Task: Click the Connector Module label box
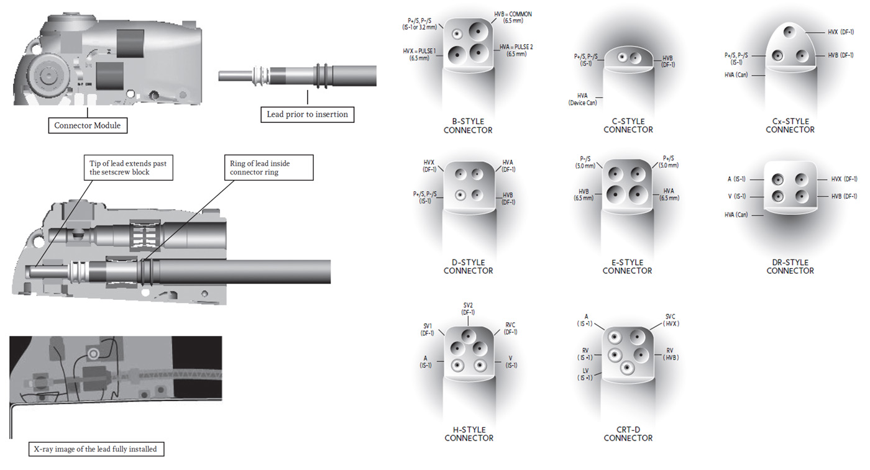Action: pos(87,125)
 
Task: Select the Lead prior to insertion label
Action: pos(307,114)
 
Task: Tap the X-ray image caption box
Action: pos(96,448)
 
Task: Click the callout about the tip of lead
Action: pos(127,168)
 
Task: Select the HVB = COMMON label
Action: pos(513,18)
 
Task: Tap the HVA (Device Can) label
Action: pos(582,99)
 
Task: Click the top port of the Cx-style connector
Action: pos(790,32)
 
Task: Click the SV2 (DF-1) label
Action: pos(468,309)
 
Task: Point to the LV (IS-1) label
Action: pos(585,374)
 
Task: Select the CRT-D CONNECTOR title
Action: pos(628,433)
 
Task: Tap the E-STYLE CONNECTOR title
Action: pos(627,266)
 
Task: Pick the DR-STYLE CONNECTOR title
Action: pos(790,266)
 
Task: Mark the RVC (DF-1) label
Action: pos(511,328)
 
